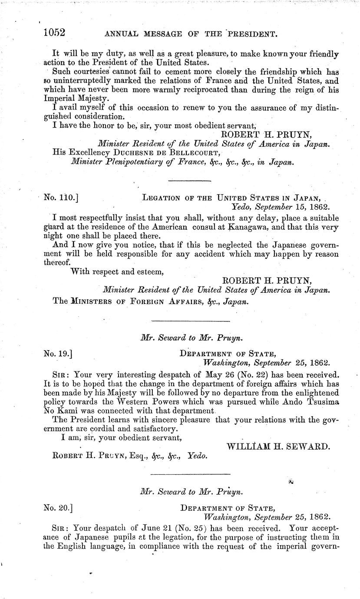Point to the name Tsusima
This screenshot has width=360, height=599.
click(x=319, y=401)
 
